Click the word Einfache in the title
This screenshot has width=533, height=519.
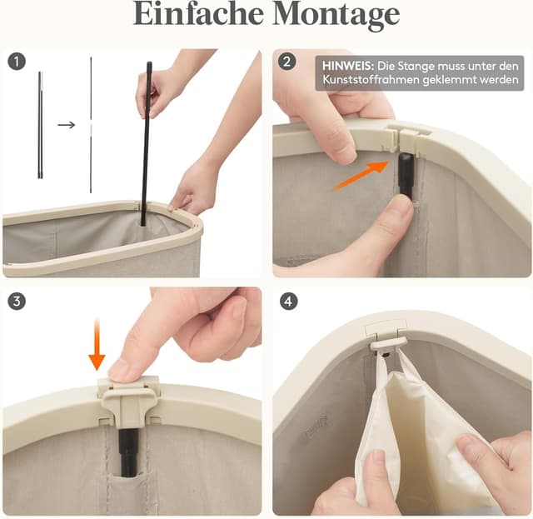(198, 13)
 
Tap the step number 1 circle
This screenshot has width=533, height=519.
(17, 62)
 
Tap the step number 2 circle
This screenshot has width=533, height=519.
(286, 62)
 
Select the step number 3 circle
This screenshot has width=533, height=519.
(17, 301)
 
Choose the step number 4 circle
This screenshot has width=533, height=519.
(288, 301)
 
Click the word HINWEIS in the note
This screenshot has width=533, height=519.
(348, 66)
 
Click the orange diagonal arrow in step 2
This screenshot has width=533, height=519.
(361, 176)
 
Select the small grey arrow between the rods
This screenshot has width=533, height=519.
(67, 125)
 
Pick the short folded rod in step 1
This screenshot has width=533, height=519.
(40, 125)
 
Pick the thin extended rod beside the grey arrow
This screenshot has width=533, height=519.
(91, 125)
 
